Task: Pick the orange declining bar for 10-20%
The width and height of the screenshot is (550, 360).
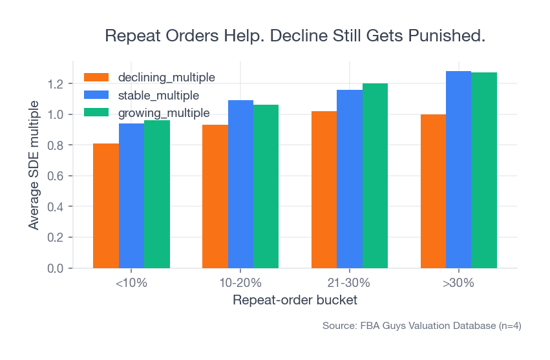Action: (215, 196)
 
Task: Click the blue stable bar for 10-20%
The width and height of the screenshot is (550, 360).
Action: (240, 184)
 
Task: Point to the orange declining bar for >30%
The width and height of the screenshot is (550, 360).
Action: (433, 191)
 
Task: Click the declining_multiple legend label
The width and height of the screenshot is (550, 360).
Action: (166, 78)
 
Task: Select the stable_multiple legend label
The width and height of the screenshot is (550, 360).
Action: (158, 95)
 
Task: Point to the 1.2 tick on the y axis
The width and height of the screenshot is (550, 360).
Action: (54, 84)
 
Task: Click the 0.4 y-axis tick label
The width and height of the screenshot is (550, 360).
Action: (54, 207)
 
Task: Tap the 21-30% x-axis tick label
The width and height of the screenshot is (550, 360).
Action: (350, 283)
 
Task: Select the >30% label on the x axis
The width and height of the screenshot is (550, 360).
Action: (459, 283)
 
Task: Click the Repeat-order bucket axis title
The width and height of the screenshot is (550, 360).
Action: (295, 301)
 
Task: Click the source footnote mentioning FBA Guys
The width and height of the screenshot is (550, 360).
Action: (421, 326)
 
